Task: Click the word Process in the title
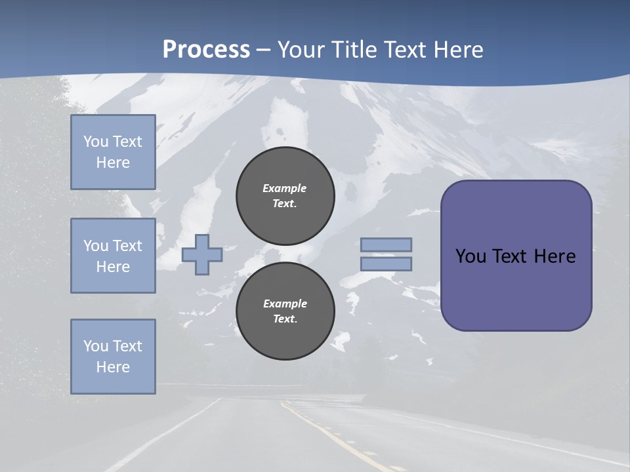point(206,50)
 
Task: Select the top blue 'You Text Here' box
point(113,152)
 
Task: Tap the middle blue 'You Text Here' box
point(113,256)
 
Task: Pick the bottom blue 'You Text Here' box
point(113,356)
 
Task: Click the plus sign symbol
point(201,254)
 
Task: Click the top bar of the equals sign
point(386,245)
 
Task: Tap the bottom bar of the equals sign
point(386,264)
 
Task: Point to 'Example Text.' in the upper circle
point(285,195)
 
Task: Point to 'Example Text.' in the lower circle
point(285,311)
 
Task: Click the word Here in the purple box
point(555,256)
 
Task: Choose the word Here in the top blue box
point(113,163)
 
